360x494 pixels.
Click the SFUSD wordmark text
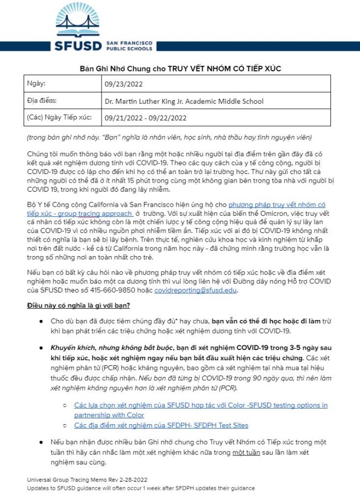78,45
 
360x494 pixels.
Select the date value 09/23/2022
124,84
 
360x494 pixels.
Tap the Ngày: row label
36,84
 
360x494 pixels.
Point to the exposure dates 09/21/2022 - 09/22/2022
146,118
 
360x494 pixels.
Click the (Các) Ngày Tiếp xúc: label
59,117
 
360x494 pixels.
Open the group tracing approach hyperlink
107,213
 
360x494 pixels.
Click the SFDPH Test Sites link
161,425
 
